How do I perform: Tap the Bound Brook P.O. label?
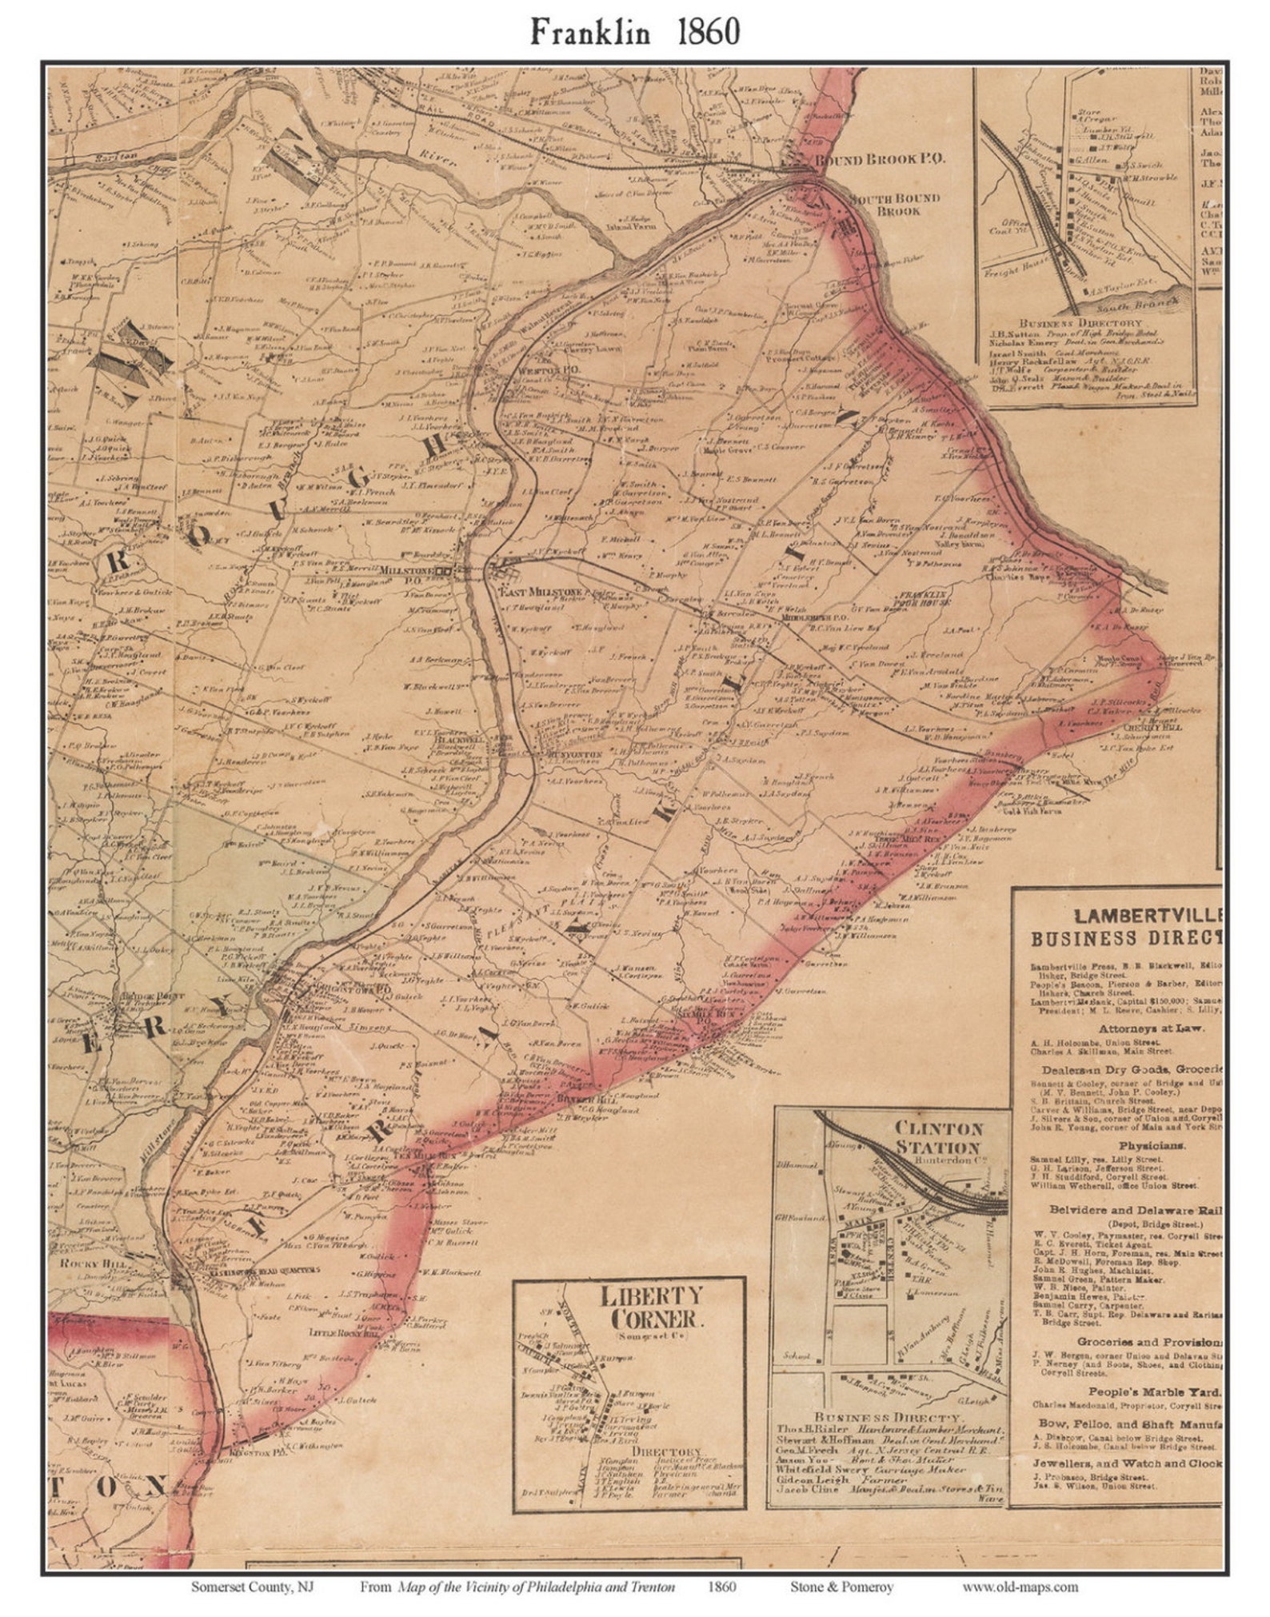[x=879, y=159]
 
